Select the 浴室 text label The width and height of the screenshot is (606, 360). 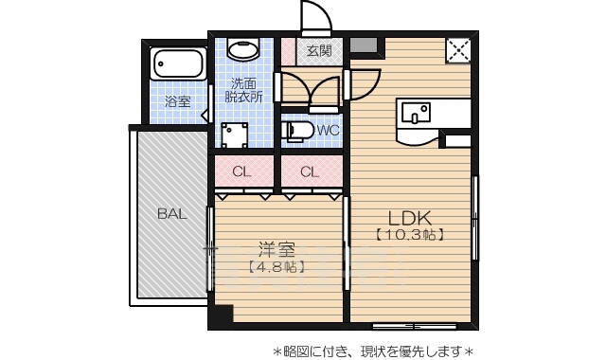(x=177, y=101)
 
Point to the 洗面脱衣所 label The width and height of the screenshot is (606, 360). (x=244, y=89)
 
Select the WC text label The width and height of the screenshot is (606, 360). (x=329, y=130)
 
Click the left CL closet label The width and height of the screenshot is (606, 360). (x=242, y=171)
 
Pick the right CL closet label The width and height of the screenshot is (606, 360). (x=310, y=171)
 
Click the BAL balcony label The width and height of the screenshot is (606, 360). (x=171, y=214)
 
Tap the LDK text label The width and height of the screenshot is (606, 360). (x=409, y=214)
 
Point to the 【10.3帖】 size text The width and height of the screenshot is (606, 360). (x=409, y=233)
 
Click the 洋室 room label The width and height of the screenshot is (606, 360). (x=276, y=250)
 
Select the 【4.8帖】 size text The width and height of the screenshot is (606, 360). (x=276, y=268)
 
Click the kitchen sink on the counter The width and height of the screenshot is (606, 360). (x=415, y=113)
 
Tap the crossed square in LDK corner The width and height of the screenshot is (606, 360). (x=459, y=50)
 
